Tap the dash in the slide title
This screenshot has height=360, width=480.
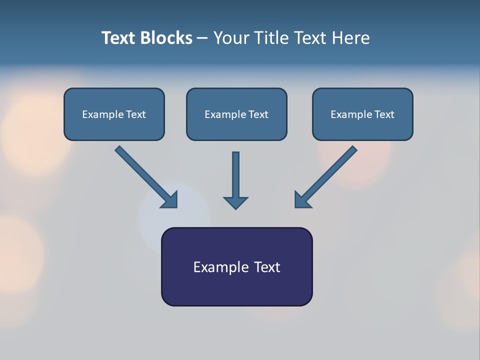click(x=202, y=38)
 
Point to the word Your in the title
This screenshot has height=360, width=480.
click(x=231, y=38)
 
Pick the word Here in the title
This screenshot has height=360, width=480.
click(x=353, y=38)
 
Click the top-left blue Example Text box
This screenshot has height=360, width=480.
click(x=114, y=114)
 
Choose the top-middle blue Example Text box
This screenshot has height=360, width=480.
click(x=236, y=114)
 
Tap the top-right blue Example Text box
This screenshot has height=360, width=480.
click(x=362, y=114)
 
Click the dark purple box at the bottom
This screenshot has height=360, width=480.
click(x=236, y=266)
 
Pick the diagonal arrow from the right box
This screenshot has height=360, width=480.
click(x=327, y=175)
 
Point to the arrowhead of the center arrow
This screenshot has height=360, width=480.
click(x=235, y=202)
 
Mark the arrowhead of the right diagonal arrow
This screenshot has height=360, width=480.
click(x=302, y=199)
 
